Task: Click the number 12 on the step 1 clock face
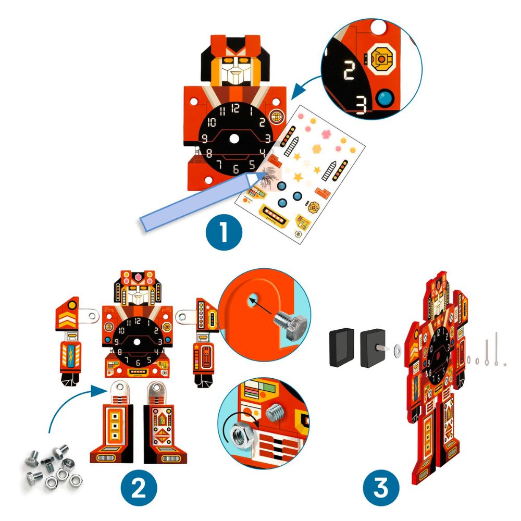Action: coord(235,108)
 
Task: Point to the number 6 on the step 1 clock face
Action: coord(235,168)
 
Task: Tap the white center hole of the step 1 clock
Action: coord(235,139)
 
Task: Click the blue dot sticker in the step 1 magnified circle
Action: coord(386,97)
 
